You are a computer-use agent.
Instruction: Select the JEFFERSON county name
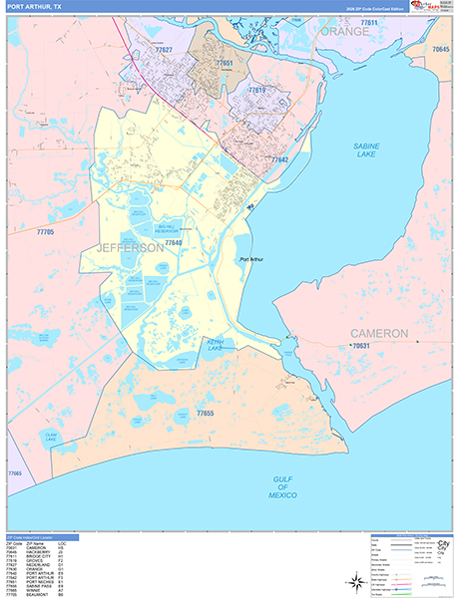click(x=130, y=247)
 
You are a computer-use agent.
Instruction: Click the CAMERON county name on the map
click(x=378, y=332)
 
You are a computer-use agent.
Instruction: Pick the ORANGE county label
click(x=344, y=31)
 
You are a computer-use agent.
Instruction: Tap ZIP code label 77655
click(x=206, y=413)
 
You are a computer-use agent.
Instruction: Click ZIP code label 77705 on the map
click(x=45, y=232)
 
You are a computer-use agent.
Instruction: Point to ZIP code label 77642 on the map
click(x=278, y=159)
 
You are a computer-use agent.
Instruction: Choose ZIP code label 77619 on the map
click(x=257, y=90)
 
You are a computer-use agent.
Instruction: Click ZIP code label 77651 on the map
click(x=226, y=63)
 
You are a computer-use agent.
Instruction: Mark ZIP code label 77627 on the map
click(x=163, y=50)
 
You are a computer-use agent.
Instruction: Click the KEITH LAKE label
click(x=214, y=347)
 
